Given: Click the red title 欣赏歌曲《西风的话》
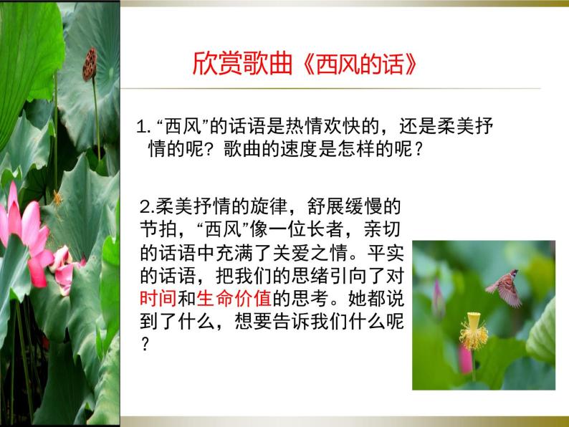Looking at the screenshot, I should [305, 64].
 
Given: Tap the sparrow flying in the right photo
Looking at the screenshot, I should [505, 287].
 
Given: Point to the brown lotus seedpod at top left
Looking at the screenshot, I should [90, 64].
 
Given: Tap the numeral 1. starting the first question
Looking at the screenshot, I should [142, 129].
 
